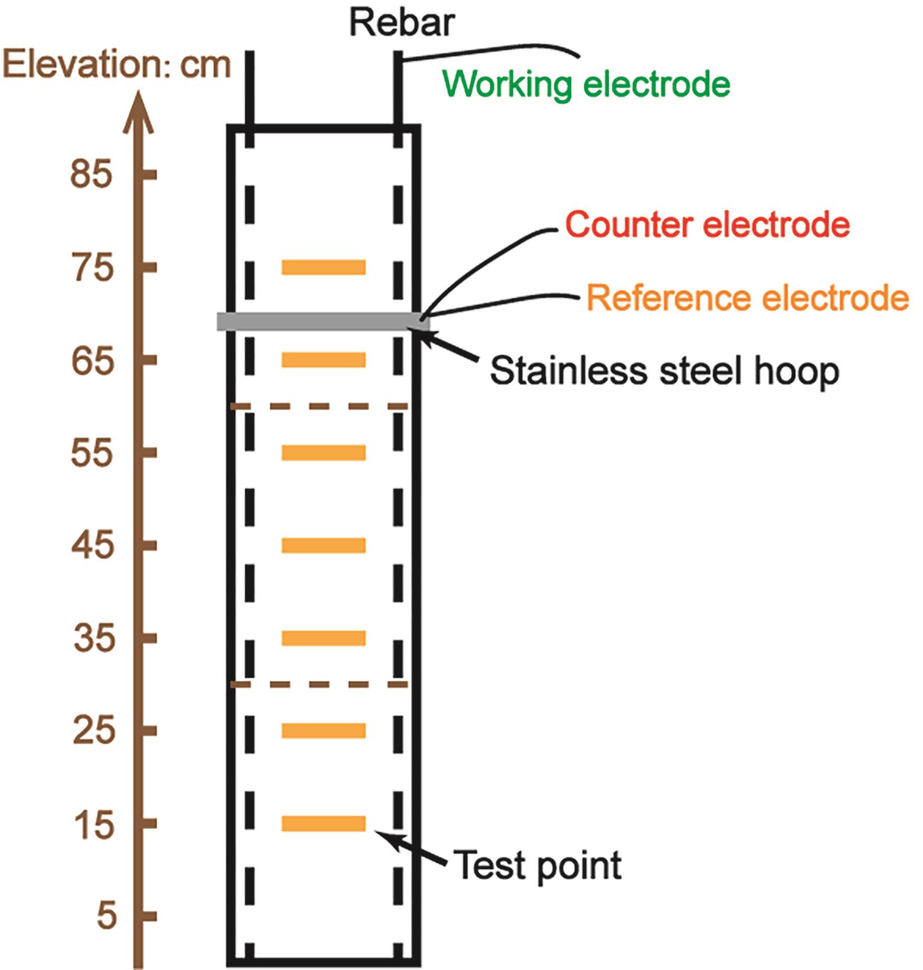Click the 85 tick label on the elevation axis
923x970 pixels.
91,174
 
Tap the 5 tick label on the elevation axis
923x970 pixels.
106,916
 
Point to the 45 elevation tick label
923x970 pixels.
92,545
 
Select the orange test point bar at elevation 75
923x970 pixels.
324,267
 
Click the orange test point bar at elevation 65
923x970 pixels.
324,360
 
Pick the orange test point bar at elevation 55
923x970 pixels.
324,452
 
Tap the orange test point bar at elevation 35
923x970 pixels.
324,638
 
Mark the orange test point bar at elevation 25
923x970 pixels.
324,731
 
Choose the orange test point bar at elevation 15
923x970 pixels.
324,823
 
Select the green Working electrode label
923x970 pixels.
586,84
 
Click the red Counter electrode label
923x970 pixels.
707,225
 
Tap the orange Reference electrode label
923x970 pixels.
747,298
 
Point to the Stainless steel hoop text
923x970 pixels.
664,371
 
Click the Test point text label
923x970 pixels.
537,866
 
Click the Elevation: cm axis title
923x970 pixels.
117,65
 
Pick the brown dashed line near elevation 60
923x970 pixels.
319,407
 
